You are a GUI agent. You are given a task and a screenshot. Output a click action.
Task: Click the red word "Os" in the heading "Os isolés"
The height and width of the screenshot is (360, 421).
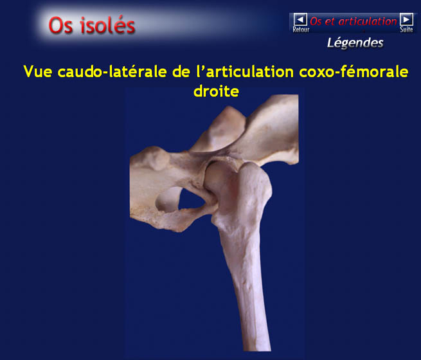(x=60, y=25)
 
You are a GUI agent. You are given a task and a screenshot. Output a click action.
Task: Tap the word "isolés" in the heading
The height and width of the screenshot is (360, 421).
(x=108, y=25)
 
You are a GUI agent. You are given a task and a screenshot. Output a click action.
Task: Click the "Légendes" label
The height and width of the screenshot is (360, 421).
(x=355, y=43)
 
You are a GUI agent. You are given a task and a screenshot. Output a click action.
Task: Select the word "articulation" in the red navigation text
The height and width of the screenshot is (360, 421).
(x=367, y=21)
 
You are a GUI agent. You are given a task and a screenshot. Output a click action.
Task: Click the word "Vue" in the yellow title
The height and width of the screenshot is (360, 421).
(x=37, y=71)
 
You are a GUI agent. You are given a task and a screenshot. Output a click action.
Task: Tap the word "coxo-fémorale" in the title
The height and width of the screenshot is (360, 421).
(x=354, y=71)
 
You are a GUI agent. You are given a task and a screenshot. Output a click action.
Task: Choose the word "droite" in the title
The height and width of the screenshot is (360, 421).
(x=216, y=91)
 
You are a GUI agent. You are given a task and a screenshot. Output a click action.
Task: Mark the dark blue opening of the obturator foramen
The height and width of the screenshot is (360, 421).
(x=191, y=199)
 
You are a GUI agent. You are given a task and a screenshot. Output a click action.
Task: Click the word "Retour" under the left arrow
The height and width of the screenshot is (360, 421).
(x=301, y=30)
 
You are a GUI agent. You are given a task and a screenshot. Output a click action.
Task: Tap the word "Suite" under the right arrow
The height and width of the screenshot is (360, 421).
(x=406, y=30)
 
